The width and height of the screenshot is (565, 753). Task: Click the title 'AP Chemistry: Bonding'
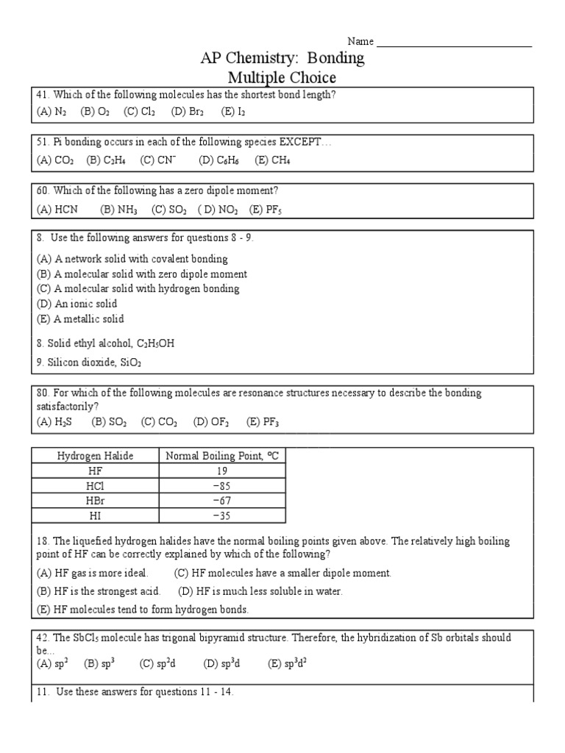[282, 59]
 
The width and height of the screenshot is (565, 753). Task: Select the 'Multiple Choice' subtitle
[282, 78]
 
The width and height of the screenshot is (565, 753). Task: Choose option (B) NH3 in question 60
[118, 210]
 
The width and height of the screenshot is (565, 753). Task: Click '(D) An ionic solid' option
[77, 304]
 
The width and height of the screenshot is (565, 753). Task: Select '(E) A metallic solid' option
[80, 319]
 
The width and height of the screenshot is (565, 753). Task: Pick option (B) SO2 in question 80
[109, 422]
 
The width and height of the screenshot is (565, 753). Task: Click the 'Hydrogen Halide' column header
[96, 456]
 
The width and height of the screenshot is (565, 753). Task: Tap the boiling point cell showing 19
[222, 471]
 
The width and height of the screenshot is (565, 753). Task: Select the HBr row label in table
[96, 500]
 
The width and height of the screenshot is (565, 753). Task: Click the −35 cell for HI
[222, 515]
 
